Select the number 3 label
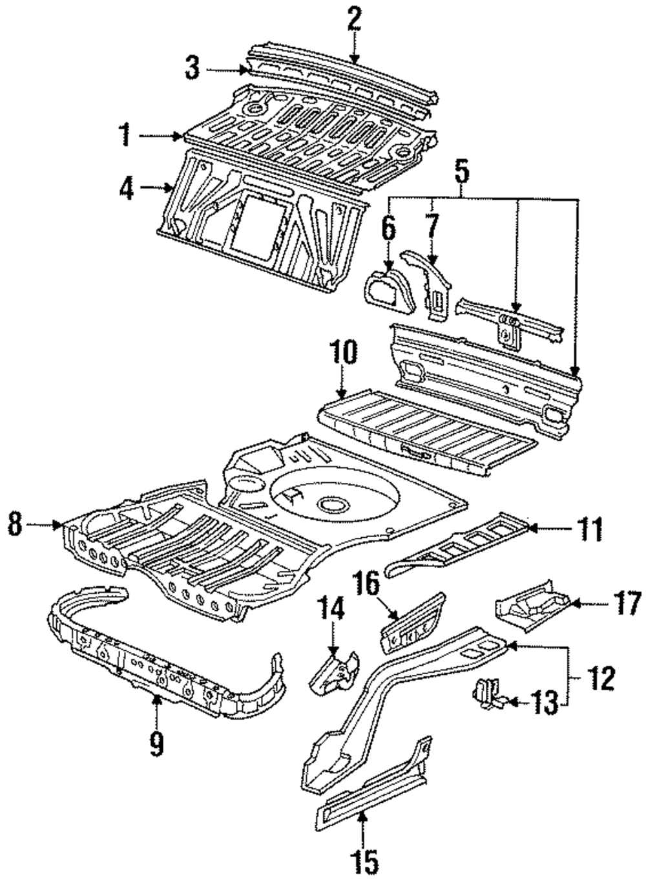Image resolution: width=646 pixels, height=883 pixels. (x=192, y=68)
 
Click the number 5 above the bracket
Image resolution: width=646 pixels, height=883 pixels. (x=461, y=172)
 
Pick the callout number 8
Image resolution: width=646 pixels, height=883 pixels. (x=14, y=524)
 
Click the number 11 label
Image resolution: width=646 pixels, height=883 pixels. (x=589, y=528)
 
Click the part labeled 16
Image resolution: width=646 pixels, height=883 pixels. (x=413, y=624)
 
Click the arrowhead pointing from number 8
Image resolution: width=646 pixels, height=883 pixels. (x=60, y=524)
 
